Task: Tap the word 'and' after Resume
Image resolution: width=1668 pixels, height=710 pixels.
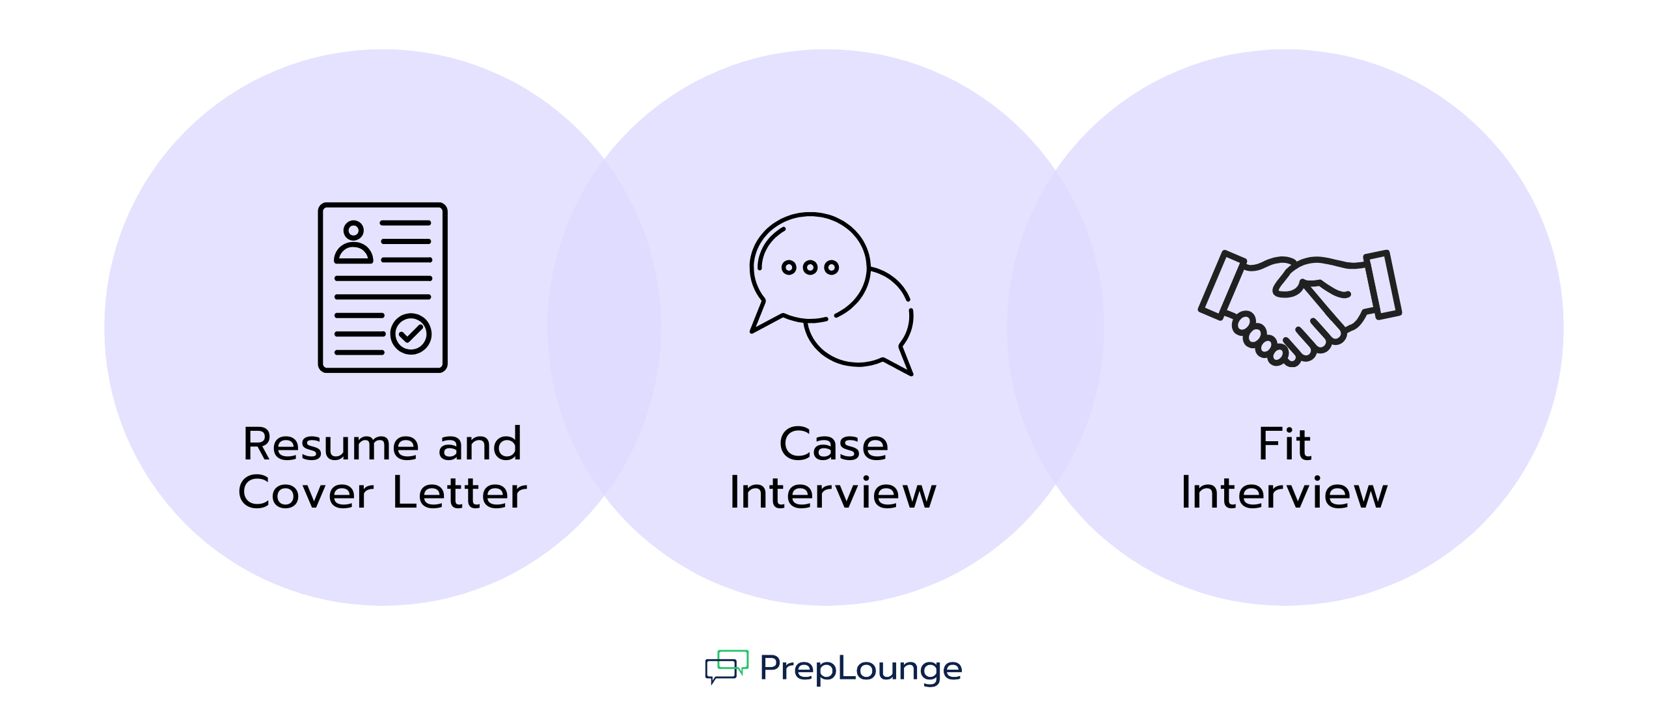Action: click(x=480, y=444)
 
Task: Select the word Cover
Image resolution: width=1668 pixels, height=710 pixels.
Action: click(x=305, y=493)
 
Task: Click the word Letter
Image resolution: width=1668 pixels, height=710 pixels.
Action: click(x=459, y=493)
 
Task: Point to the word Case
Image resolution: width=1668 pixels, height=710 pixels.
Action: click(x=833, y=444)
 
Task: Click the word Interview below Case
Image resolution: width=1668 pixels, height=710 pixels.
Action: click(x=833, y=493)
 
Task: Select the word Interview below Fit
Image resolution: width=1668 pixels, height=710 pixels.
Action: click(x=1284, y=493)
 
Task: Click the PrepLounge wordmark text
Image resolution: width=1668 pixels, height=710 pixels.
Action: click(x=860, y=668)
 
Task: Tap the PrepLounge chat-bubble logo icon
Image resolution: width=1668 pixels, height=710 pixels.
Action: click(x=726, y=666)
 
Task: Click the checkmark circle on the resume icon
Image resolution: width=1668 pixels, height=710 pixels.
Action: click(x=411, y=334)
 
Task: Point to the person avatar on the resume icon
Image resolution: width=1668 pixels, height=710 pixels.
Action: click(x=353, y=242)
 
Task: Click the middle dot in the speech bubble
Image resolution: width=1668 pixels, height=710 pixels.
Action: click(x=810, y=267)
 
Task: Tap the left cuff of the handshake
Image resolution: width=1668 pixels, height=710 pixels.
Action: click(x=1222, y=285)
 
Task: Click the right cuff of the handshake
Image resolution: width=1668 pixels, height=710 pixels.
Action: click(x=1382, y=284)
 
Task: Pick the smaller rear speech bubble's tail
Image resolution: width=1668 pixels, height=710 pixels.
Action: click(x=903, y=362)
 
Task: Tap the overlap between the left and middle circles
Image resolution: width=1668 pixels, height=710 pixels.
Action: click(x=604, y=327)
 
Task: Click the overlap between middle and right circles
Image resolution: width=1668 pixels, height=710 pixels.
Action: click(x=1056, y=327)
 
